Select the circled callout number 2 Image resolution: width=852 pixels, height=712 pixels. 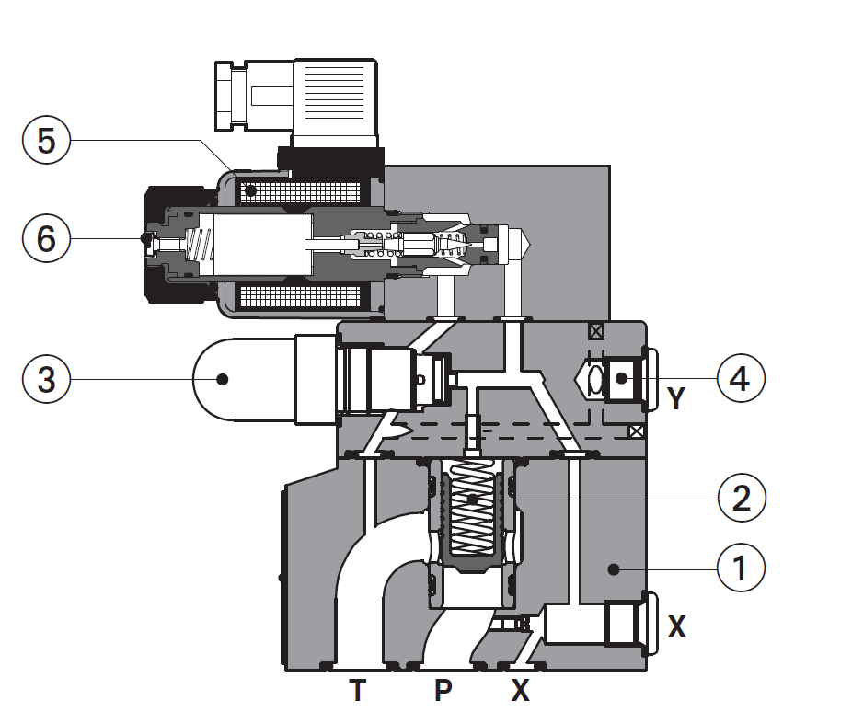click(x=741, y=498)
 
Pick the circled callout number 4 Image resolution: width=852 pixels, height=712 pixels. click(x=742, y=378)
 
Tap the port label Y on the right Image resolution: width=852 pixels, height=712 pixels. click(x=675, y=399)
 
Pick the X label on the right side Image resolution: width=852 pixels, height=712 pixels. click(x=676, y=627)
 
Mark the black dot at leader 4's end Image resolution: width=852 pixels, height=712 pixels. click(x=622, y=378)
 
